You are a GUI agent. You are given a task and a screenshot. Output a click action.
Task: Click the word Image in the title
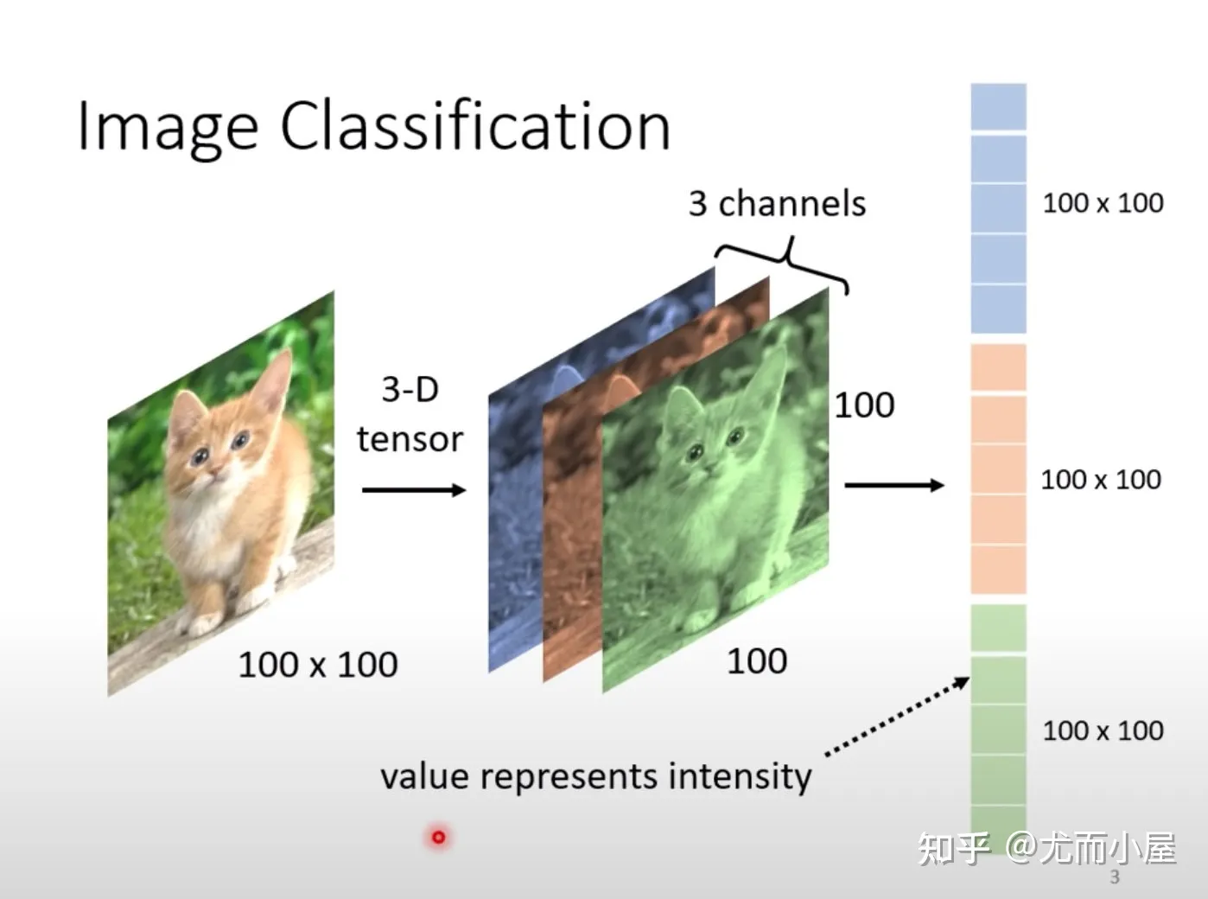pos(168,129)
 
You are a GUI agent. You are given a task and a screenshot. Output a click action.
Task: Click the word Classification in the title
pos(475,124)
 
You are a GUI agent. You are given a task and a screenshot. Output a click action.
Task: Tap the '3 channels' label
pos(777,203)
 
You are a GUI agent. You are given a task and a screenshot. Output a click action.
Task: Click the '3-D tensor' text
pos(410,414)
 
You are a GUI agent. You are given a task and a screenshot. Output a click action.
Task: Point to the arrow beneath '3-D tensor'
pos(414,490)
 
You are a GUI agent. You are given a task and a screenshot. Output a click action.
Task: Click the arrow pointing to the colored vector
pos(894,484)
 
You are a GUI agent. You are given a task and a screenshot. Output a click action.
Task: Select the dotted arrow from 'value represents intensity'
pos(898,716)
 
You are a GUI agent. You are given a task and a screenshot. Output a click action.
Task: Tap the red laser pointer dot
pos(438,837)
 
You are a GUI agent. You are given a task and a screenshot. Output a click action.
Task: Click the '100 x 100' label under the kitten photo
pos(318,665)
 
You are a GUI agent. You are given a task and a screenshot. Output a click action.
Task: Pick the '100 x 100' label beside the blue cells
pos(1103,202)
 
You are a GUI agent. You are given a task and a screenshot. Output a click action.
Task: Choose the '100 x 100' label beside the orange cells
pos(1101,480)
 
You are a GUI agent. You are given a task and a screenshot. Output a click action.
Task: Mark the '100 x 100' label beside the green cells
pos(1103,730)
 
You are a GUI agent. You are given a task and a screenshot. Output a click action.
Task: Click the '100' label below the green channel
pos(757,661)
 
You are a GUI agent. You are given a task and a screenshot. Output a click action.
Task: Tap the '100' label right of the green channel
pos(864,405)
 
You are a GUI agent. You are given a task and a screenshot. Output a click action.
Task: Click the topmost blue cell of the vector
pos(998,107)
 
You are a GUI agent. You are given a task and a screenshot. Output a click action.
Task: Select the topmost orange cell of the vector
pos(998,367)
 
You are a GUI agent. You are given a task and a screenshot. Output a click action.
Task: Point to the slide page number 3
pos(1115,877)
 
